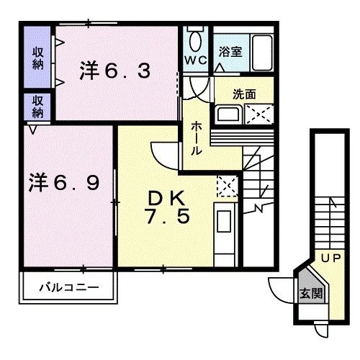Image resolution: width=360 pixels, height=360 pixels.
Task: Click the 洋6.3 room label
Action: pyautogui.click(x=115, y=70)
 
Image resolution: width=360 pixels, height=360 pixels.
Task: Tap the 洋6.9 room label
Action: pyautogui.click(x=64, y=183)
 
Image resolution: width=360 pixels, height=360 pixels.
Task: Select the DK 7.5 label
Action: pyautogui.click(x=167, y=207)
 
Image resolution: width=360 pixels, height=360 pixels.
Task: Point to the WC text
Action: pyautogui.click(x=196, y=60)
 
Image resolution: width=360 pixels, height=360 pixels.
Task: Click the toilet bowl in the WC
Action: pyautogui.click(x=195, y=41)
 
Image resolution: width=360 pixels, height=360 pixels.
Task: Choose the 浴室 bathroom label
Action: pyautogui.click(x=230, y=52)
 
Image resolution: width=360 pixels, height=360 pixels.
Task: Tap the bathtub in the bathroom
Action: pyautogui.click(x=262, y=53)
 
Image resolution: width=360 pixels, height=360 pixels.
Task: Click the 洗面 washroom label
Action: pyautogui.click(x=244, y=94)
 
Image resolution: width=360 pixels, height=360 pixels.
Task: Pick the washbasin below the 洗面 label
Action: pyautogui.click(x=228, y=114)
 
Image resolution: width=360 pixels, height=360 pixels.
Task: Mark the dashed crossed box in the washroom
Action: pyautogui.click(x=259, y=114)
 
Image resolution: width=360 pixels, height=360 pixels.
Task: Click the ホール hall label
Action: pyautogui.click(x=196, y=138)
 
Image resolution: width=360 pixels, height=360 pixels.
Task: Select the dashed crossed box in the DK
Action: pyautogui.click(x=227, y=186)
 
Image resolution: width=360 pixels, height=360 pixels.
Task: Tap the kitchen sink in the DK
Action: pyautogui.click(x=224, y=221)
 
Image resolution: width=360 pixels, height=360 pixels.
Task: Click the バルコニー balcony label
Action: pyautogui.click(x=69, y=287)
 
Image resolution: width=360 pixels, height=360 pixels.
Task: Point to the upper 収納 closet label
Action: pyautogui.click(x=38, y=58)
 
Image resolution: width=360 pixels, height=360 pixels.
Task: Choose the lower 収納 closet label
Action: pyautogui.click(x=38, y=107)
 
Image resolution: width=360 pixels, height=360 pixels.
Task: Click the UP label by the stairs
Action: pyautogui.click(x=331, y=258)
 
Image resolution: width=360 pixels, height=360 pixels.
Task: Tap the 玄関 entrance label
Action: pyautogui.click(x=311, y=293)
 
